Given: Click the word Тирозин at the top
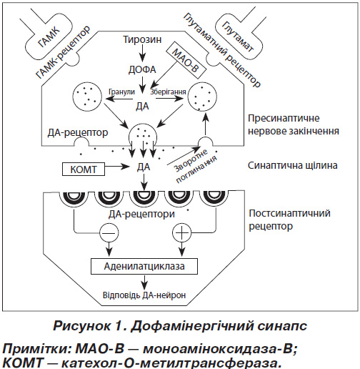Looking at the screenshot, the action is point(142,39).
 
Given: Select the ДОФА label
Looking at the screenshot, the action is point(142,69).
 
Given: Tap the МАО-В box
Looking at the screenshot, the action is point(186,61).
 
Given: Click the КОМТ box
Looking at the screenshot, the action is point(84,169).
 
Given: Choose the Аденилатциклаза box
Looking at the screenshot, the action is point(144,266).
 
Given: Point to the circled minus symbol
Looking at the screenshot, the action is point(109,232).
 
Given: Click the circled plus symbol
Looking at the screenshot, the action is point(181,232).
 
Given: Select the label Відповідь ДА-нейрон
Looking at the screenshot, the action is point(144,295).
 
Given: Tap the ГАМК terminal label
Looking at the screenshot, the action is point(49,36).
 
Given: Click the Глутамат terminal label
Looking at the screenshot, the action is point(238,36).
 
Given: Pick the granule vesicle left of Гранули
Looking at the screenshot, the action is point(87,97).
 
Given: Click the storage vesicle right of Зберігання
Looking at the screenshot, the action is point(202,97).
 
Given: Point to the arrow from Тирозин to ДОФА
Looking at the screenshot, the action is point(142,52).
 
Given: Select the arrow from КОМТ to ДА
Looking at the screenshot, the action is point(117,167).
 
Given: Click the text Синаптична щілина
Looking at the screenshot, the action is point(293,165).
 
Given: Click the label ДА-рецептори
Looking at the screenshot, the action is point(141,214).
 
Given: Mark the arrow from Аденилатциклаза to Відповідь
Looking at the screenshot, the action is point(144,282).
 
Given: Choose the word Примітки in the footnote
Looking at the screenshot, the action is point(36,349).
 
